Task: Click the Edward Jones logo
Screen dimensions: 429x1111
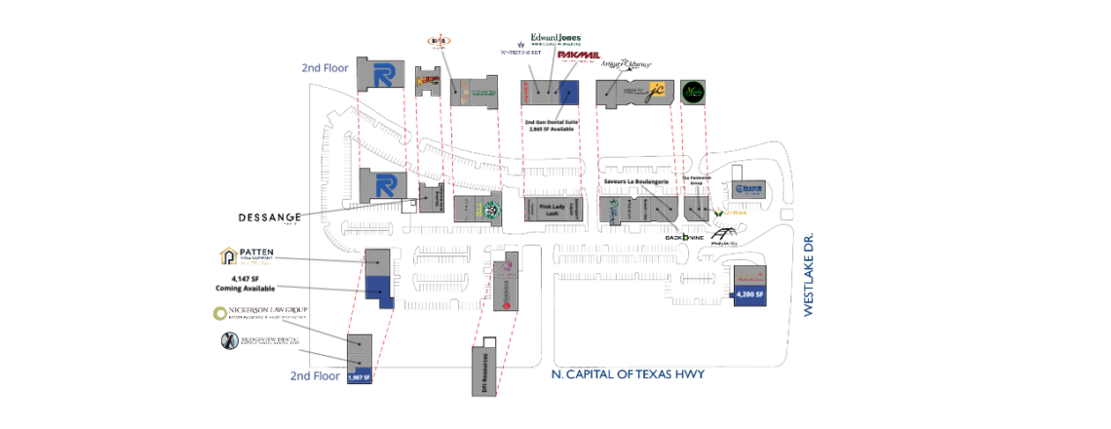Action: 555,39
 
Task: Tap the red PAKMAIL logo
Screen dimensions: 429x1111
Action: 578,56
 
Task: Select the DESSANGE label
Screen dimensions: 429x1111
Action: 270,216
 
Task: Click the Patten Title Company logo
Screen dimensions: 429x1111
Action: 248,256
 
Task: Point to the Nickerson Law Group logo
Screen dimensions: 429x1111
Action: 260,313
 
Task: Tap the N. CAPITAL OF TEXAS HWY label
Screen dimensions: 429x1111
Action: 627,374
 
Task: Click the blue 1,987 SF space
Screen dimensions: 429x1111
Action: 360,376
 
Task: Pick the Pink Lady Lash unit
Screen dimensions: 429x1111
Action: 553,209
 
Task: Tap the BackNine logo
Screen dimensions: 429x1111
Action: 683,236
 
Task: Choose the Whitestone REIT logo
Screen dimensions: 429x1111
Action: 520,51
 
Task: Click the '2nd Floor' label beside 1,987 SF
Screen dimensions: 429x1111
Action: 314,375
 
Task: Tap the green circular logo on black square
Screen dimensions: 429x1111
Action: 693,92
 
